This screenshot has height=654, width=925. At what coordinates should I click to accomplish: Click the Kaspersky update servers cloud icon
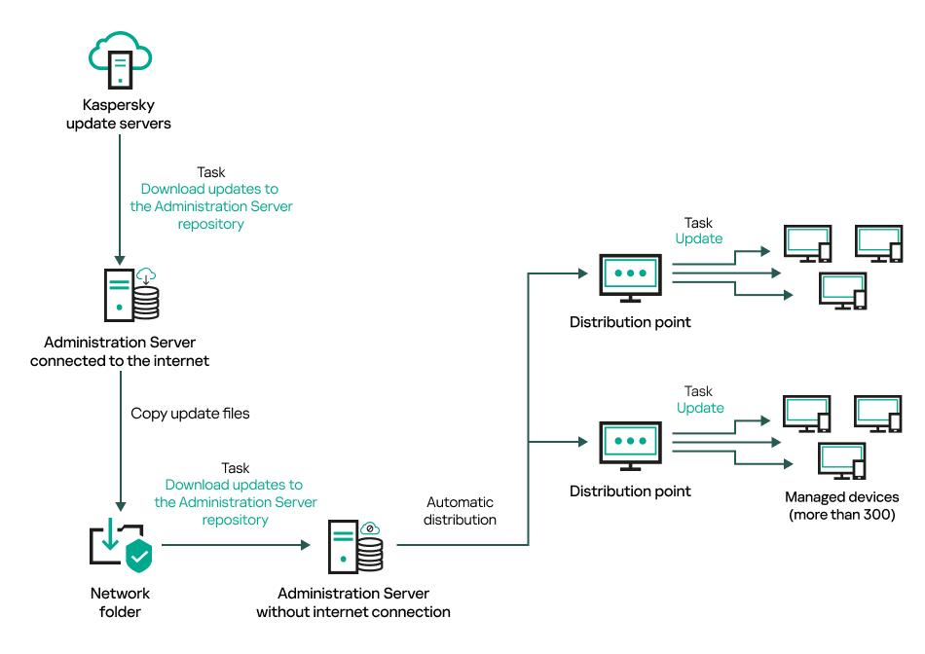click(x=120, y=59)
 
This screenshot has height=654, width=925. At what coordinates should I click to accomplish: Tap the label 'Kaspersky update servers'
click(x=119, y=114)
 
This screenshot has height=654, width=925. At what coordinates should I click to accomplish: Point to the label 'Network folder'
click(x=121, y=602)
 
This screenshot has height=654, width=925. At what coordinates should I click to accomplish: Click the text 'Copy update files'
click(x=190, y=414)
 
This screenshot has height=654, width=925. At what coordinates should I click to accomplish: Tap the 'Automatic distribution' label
click(x=461, y=511)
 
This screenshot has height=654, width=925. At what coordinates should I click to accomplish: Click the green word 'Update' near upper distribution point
click(x=699, y=238)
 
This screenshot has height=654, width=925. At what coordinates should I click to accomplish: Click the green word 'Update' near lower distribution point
click(x=700, y=408)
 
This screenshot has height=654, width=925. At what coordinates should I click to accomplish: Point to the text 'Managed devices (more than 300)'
click(x=841, y=506)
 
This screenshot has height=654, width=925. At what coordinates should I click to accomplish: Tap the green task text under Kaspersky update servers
click(x=211, y=206)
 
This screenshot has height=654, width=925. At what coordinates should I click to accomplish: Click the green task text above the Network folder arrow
click(x=236, y=502)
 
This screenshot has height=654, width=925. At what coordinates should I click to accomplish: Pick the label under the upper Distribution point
click(x=630, y=322)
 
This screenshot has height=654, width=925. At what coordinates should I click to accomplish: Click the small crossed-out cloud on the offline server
click(x=370, y=528)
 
